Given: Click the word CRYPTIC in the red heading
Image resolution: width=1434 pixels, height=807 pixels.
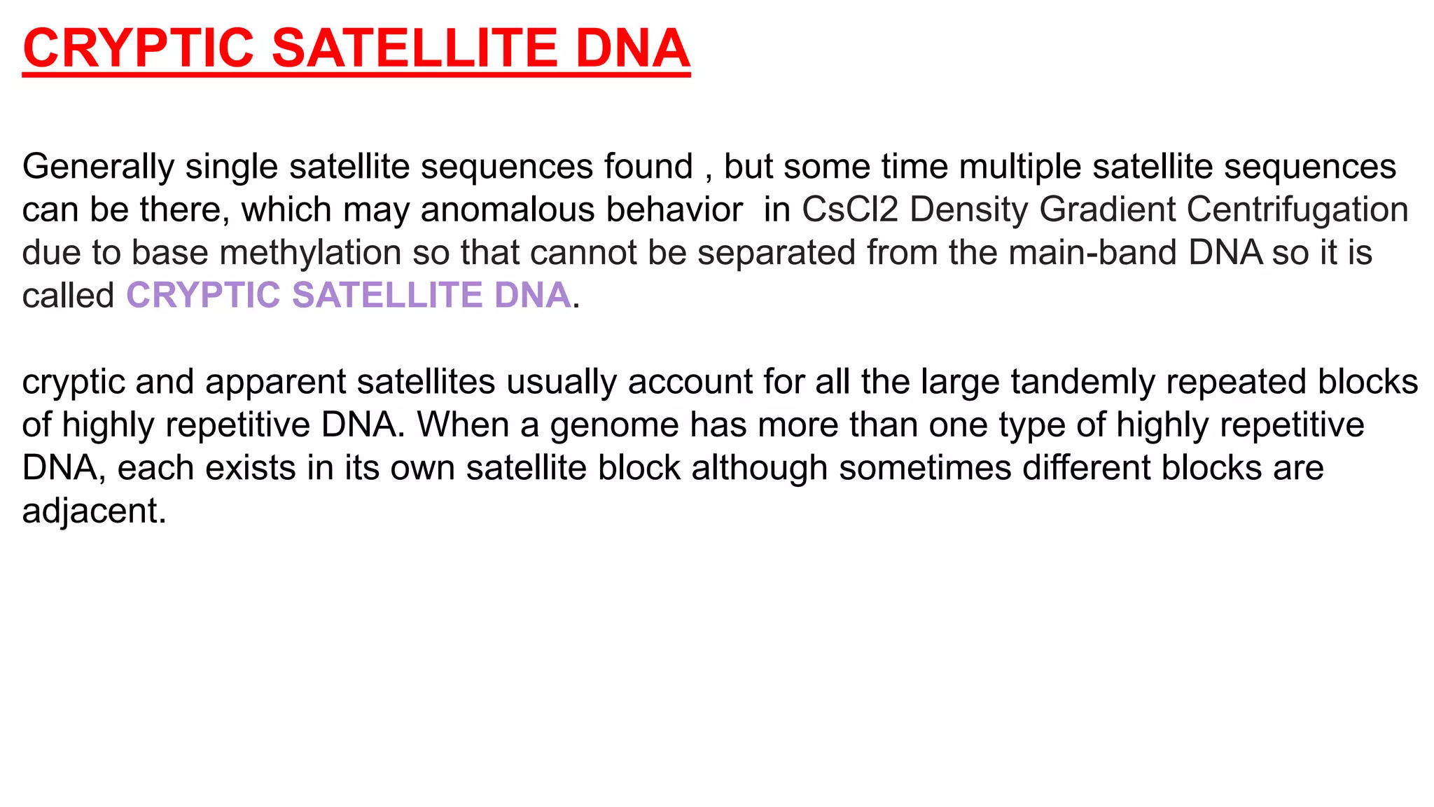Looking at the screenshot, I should point(138,48).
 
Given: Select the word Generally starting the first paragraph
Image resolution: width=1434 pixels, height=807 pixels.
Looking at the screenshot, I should point(98,167).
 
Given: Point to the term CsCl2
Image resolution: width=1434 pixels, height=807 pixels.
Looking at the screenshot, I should point(850,209).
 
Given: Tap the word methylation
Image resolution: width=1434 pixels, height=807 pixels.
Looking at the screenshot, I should point(310,253).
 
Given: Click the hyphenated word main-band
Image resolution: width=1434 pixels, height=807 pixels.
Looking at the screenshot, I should point(1092,253).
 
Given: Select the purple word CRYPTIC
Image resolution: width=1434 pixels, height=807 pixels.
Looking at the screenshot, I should point(203,295).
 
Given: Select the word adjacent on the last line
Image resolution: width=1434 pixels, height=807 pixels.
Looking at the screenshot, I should point(94,511).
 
